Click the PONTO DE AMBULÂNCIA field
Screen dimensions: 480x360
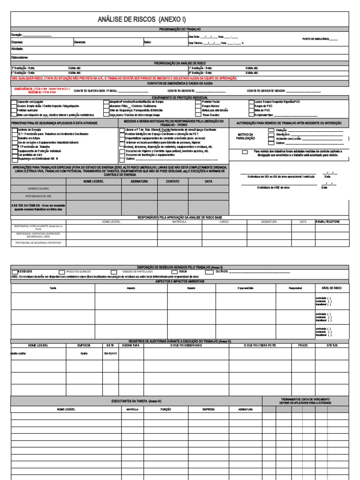coord(320,39)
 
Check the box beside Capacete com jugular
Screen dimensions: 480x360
coord(14,102)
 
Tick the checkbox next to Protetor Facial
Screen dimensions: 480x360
coord(199,102)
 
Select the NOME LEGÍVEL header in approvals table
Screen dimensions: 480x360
coord(93,181)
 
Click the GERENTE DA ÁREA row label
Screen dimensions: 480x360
coord(39,188)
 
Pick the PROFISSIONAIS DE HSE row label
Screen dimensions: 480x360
coord(39,196)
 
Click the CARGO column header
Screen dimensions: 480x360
coord(224,221)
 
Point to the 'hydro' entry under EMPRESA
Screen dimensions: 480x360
coord(84,353)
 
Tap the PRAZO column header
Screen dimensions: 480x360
coord(303,345)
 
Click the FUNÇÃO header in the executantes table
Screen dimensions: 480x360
coord(166,409)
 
